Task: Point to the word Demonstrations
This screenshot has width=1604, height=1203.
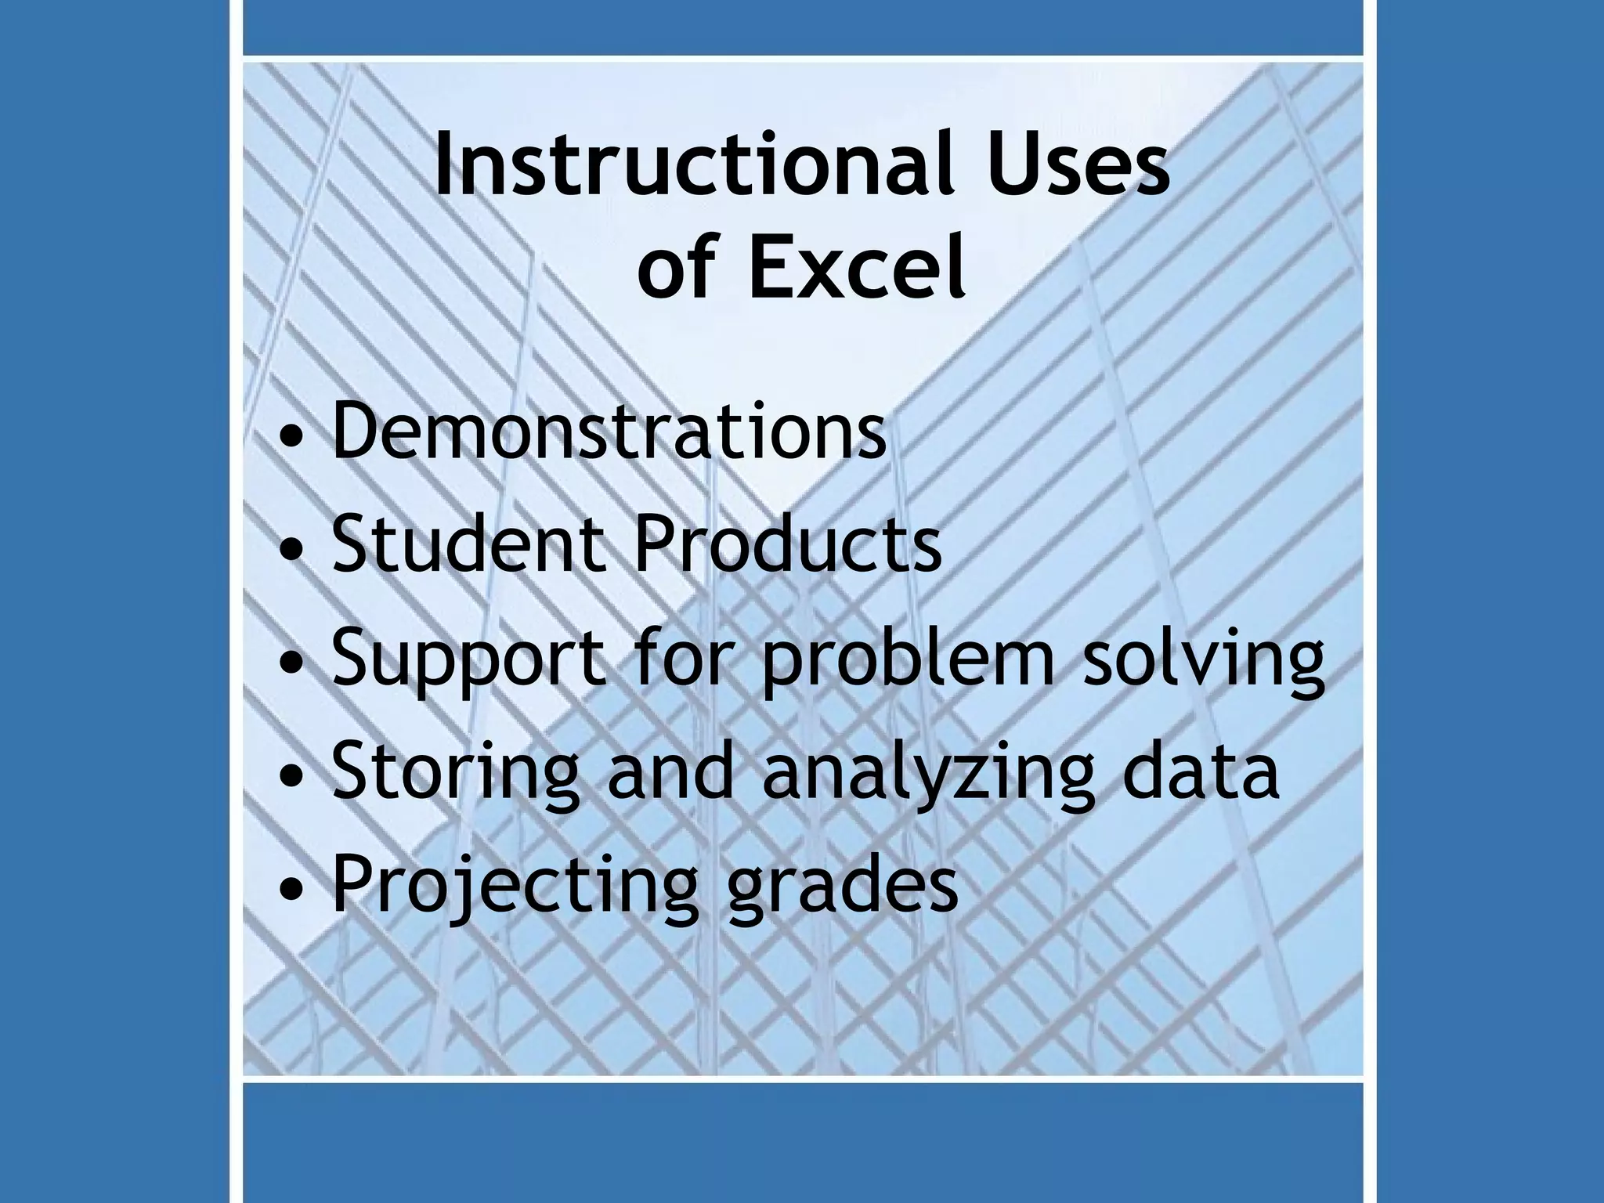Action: click(x=609, y=432)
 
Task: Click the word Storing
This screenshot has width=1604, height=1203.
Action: click(x=456, y=774)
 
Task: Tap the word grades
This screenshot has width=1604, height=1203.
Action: click(x=841, y=887)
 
